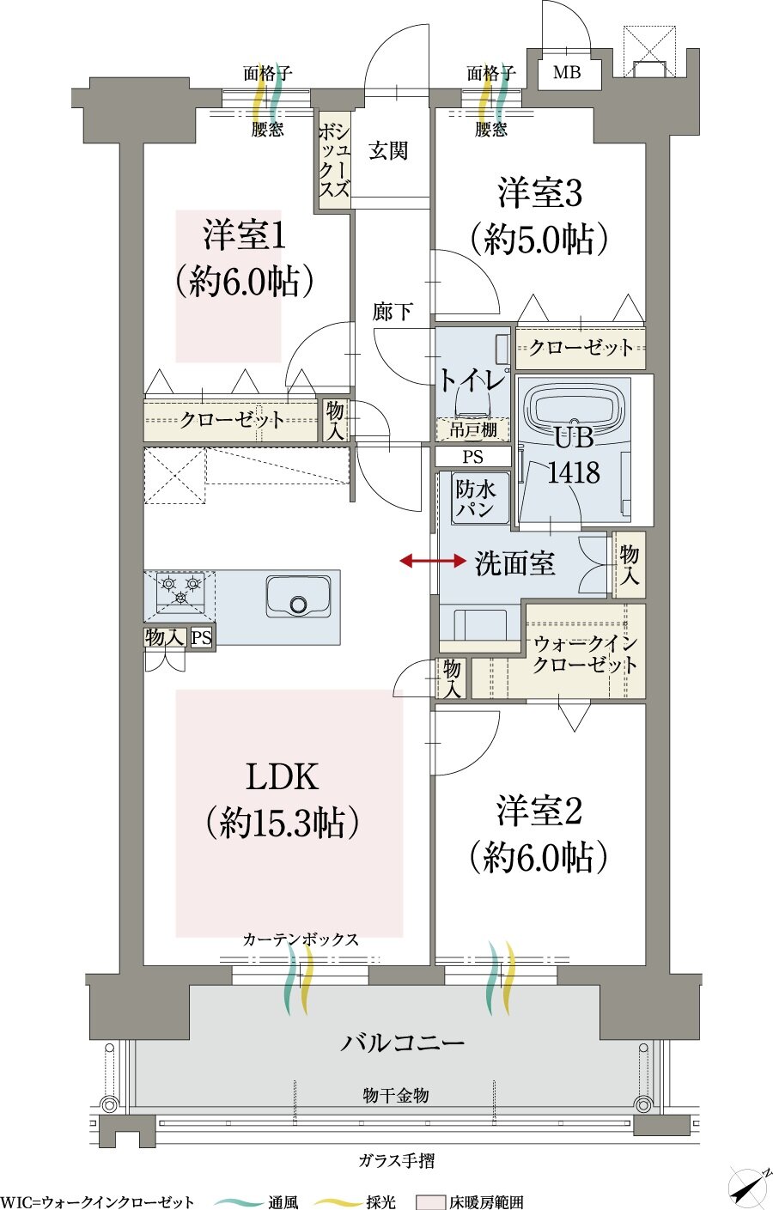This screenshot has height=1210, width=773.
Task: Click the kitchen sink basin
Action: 298,596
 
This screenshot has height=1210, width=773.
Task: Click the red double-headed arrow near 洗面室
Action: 433,562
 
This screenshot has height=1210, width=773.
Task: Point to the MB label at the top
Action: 567,72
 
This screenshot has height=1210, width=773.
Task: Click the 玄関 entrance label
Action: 388,151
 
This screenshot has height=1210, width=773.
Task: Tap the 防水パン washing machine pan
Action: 475,499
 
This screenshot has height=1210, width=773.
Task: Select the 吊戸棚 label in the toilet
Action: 472,430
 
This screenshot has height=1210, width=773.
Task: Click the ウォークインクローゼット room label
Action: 585,654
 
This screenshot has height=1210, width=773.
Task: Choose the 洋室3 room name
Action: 539,193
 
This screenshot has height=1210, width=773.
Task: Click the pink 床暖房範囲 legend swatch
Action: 430,1201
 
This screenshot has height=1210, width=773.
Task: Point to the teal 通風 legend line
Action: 238,1201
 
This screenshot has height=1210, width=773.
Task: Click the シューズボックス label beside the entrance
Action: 334,161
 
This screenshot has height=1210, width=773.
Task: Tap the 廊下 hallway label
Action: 393,312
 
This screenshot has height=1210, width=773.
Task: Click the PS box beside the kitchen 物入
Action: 202,638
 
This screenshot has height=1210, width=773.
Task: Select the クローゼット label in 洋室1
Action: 232,420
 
